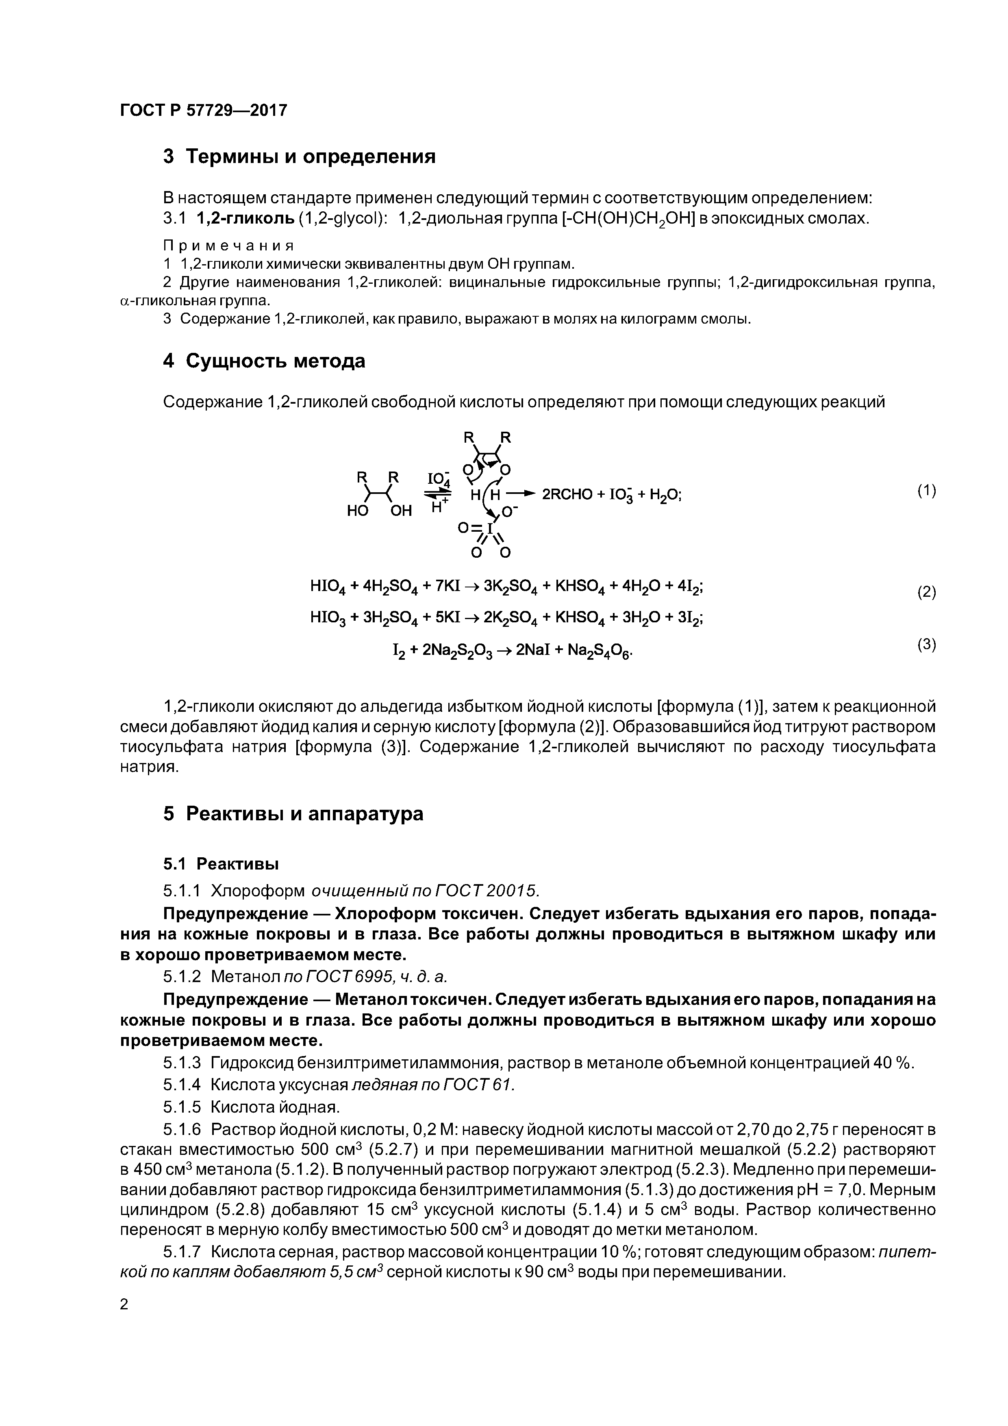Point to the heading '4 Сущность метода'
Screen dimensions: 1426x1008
264,361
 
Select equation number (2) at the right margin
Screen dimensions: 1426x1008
926,592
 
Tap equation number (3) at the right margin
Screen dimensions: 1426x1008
926,645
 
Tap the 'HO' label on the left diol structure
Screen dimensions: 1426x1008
358,511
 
